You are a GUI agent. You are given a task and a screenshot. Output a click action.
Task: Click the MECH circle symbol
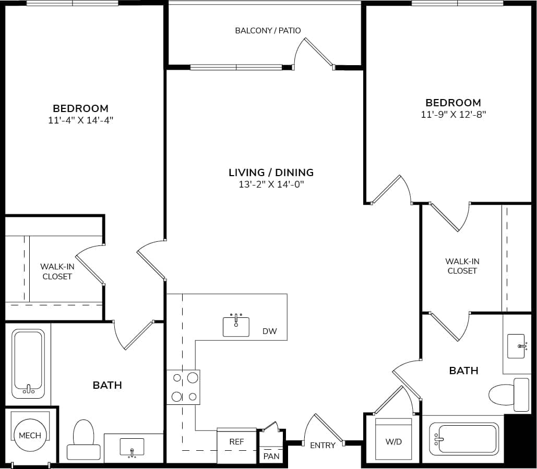[30, 435]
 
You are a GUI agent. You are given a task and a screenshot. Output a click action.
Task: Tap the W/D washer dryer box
[393, 440]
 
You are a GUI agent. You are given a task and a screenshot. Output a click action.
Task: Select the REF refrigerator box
[236, 445]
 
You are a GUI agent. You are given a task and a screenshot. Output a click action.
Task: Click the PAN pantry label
[271, 456]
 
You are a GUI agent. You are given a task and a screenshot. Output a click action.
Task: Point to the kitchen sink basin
[236, 326]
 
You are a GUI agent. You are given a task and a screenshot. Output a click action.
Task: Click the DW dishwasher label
[270, 331]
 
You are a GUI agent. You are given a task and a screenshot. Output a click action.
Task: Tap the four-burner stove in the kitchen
[183, 387]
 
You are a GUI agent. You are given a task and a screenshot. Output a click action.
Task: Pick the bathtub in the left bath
[28, 363]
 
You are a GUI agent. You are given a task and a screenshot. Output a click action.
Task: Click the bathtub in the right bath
[463, 439]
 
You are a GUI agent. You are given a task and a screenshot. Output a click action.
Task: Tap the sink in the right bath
[516, 346]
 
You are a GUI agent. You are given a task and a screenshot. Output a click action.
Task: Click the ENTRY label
[323, 445]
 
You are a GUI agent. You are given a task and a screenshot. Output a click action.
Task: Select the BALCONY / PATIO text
[268, 30]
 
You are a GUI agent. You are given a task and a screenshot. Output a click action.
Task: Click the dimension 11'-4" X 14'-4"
[80, 120]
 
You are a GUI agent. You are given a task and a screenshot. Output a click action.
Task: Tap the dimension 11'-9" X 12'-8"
[453, 114]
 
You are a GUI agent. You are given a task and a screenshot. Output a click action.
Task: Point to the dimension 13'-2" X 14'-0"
[271, 184]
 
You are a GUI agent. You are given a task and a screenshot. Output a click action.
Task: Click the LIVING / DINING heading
[271, 172]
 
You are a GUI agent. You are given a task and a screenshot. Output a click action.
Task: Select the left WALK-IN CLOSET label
[57, 271]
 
